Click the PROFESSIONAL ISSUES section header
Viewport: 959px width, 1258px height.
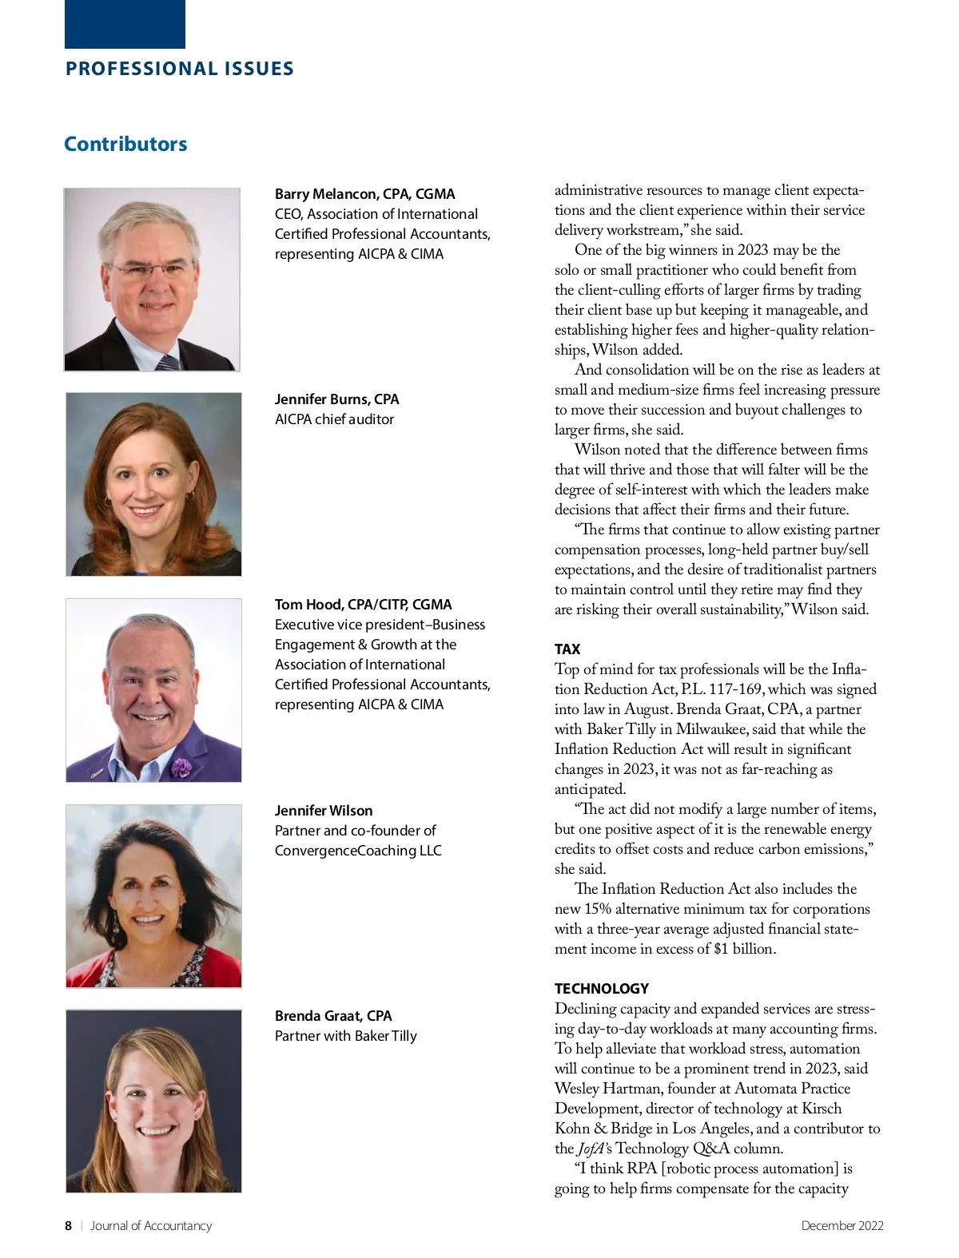tap(180, 69)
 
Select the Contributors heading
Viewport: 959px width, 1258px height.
tap(125, 144)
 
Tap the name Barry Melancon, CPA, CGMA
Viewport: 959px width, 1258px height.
tap(364, 194)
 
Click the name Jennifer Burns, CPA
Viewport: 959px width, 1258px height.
tap(336, 399)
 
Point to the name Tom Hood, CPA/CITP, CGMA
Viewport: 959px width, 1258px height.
tap(363, 605)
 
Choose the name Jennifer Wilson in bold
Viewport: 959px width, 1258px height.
tap(324, 811)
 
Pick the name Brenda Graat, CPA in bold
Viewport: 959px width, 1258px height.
tap(333, 1016)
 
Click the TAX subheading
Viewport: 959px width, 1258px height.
tap(567, 649)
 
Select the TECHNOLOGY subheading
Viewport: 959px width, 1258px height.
tap(602, 989)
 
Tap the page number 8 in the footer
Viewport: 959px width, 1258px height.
tap(68, 1226)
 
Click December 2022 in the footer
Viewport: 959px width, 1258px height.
tap(842, 1226)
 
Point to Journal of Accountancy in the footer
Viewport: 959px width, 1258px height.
tap(151, 1226)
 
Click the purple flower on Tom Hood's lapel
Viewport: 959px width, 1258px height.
tap(181, 768)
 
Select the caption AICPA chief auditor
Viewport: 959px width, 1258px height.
tap(334, 419)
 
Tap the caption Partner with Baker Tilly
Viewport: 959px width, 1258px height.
tap(345, 1036)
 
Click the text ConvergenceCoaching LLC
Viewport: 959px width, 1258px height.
tap(358, 851)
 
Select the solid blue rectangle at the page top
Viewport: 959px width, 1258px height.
tap(125, 24)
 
